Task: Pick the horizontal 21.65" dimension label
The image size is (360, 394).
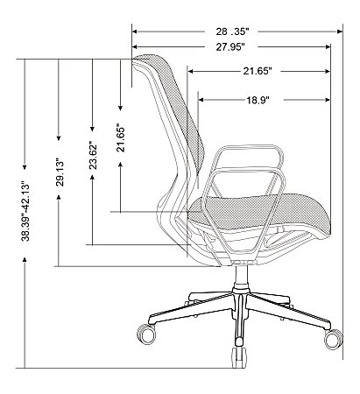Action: pos(261,71)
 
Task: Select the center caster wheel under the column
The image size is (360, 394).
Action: pos(236,357)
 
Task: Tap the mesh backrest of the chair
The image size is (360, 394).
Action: pos(171,114)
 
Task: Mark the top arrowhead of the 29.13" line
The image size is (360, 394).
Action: pos(58,60)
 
